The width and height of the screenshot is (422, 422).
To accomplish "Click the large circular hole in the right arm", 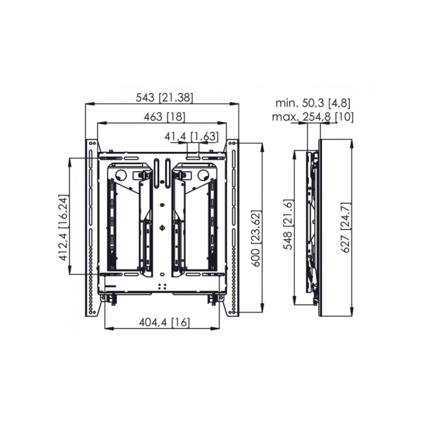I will (204, 175).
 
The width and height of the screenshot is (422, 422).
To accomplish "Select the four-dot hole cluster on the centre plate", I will (162, 285).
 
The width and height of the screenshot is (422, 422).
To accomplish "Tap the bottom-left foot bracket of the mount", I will (112, 298).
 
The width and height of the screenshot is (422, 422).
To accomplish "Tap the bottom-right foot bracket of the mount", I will (212, 298).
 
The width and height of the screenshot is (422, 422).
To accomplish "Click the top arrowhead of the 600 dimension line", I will (262, 144).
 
